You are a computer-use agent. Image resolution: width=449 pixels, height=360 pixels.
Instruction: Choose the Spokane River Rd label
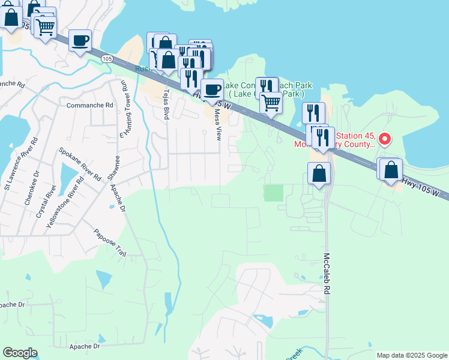click(80, 164)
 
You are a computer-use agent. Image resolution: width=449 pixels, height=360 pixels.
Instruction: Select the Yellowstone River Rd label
click(65, 202)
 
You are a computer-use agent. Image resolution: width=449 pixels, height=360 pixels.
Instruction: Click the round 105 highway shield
click(107, 59)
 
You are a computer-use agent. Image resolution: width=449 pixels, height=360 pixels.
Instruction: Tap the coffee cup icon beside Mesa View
click(211, 90)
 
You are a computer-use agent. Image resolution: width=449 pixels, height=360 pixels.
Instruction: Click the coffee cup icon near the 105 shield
click(80, 41)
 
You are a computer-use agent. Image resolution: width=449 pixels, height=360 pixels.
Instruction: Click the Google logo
click(20, 353)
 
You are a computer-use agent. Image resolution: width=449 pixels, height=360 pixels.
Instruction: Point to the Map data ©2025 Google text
click(411, 355)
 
